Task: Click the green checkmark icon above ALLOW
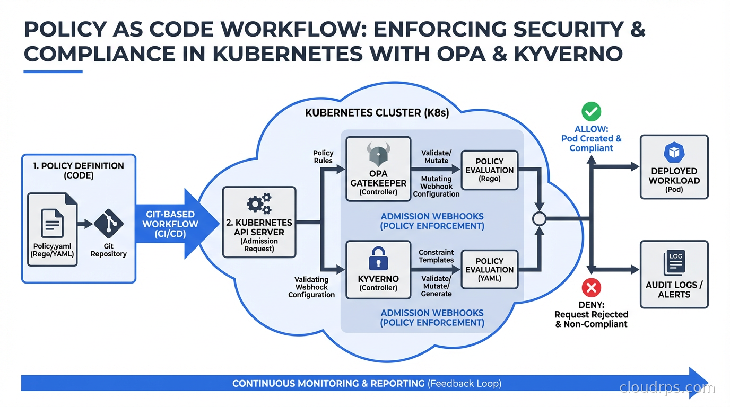(591, 112)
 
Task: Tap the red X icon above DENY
(591, 288)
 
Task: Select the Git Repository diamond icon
(108, 223)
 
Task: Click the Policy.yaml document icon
(52, 223)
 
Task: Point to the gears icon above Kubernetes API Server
(259, 204)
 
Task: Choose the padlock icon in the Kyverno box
(378, 258)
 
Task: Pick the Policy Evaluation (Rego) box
(489, 170)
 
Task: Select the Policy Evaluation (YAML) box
(489, 269)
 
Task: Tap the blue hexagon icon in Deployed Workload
(674, 153)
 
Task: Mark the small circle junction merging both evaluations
(539, 218)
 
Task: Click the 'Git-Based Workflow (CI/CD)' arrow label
(170, 224)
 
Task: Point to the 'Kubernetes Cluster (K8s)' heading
(377, 113)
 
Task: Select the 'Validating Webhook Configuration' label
(311, 287)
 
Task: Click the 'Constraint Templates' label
(436, 256)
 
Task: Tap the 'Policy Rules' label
(323, 156)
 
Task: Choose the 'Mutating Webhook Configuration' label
(436, 187)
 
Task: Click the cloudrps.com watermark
(667, 388)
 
